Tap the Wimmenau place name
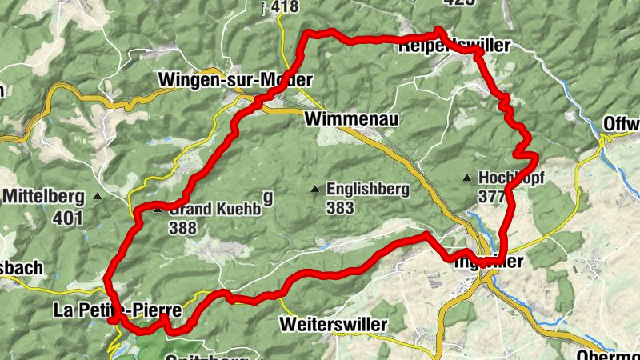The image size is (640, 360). (351, 119)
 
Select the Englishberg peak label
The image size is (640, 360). (368, 190)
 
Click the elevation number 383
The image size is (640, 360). (341, 207)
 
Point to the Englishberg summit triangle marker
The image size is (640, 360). (315, 190)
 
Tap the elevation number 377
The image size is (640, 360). (490, 195)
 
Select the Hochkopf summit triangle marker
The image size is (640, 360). (467, 178)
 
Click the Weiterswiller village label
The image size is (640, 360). (334, 325)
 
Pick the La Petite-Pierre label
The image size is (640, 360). (118, 309)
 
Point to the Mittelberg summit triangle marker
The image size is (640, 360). (98, 196)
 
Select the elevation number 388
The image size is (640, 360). (183, 227)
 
